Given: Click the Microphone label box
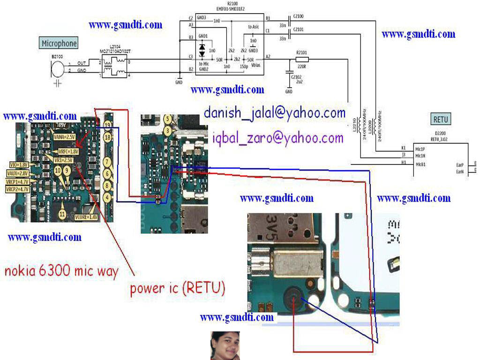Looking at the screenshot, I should click(x=59, y=44).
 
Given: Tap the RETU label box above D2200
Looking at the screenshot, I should click(x=440, y=120).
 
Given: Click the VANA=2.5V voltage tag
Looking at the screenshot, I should click(x=64, y=137).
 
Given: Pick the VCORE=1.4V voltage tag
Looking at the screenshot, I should click(x=86, y=217).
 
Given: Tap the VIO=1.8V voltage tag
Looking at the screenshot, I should click(x=19, y=165).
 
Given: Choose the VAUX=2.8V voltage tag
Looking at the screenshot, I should click(x=19, y=173).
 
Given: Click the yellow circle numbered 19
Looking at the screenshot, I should click(x=107, y=125).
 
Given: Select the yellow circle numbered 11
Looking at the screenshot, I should click(x=62, y=214).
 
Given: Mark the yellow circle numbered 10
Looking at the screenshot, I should click(x=58, y=172).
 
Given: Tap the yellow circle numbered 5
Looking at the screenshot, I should click(x=167, y=120).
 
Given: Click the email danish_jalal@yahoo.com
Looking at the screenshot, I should click(x=274, y=113).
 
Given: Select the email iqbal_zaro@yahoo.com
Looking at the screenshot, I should click(x=277, y=138).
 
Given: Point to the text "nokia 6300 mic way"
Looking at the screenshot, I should click(x=61, y=271).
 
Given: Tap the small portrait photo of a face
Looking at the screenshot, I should click(x=225, y=345).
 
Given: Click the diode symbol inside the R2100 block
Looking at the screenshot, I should click(x=202, y=48).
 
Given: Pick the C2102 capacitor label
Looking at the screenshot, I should click(x=296, y=76).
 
